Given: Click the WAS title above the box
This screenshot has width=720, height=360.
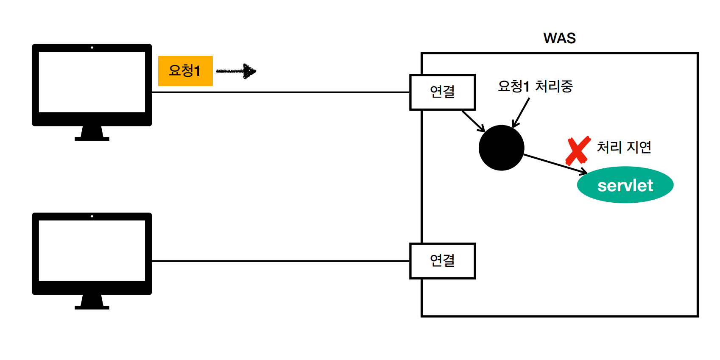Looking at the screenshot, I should coord(559,38).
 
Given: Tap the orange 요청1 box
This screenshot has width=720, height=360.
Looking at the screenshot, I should coord(185,71).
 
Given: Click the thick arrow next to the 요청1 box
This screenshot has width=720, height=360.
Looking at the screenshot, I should coord(236,71).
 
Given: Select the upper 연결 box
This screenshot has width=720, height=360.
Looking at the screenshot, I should coord(442,92).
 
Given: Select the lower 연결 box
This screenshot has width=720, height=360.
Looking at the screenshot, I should coord(442,261).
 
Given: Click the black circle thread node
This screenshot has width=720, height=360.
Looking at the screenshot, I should coord(501,148).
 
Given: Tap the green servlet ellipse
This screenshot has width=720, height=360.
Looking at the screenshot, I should coord(625,185).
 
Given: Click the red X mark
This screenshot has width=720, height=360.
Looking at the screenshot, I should coord(578,151).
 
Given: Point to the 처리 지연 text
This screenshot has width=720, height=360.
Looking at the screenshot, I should coord(624,147).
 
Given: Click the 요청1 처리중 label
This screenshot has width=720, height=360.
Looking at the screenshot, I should coord(535,86).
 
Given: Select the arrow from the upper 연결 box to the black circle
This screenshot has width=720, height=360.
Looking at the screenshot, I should coord(473,121).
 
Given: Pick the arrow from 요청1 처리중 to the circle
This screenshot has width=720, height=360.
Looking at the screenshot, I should coord(521,112).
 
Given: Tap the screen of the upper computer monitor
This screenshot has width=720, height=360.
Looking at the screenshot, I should coord(92,81).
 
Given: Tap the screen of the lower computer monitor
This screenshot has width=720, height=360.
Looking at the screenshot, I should coord(92,250).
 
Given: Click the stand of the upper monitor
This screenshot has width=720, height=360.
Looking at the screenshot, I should coord(92,134).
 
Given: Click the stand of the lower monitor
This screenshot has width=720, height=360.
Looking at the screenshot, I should coord(92,302).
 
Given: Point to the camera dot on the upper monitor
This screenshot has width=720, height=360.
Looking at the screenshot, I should coord(92,47).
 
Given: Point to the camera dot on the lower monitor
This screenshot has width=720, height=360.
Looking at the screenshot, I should coord(92,216).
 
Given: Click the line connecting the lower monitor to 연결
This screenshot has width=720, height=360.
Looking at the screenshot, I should coord(280,261).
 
